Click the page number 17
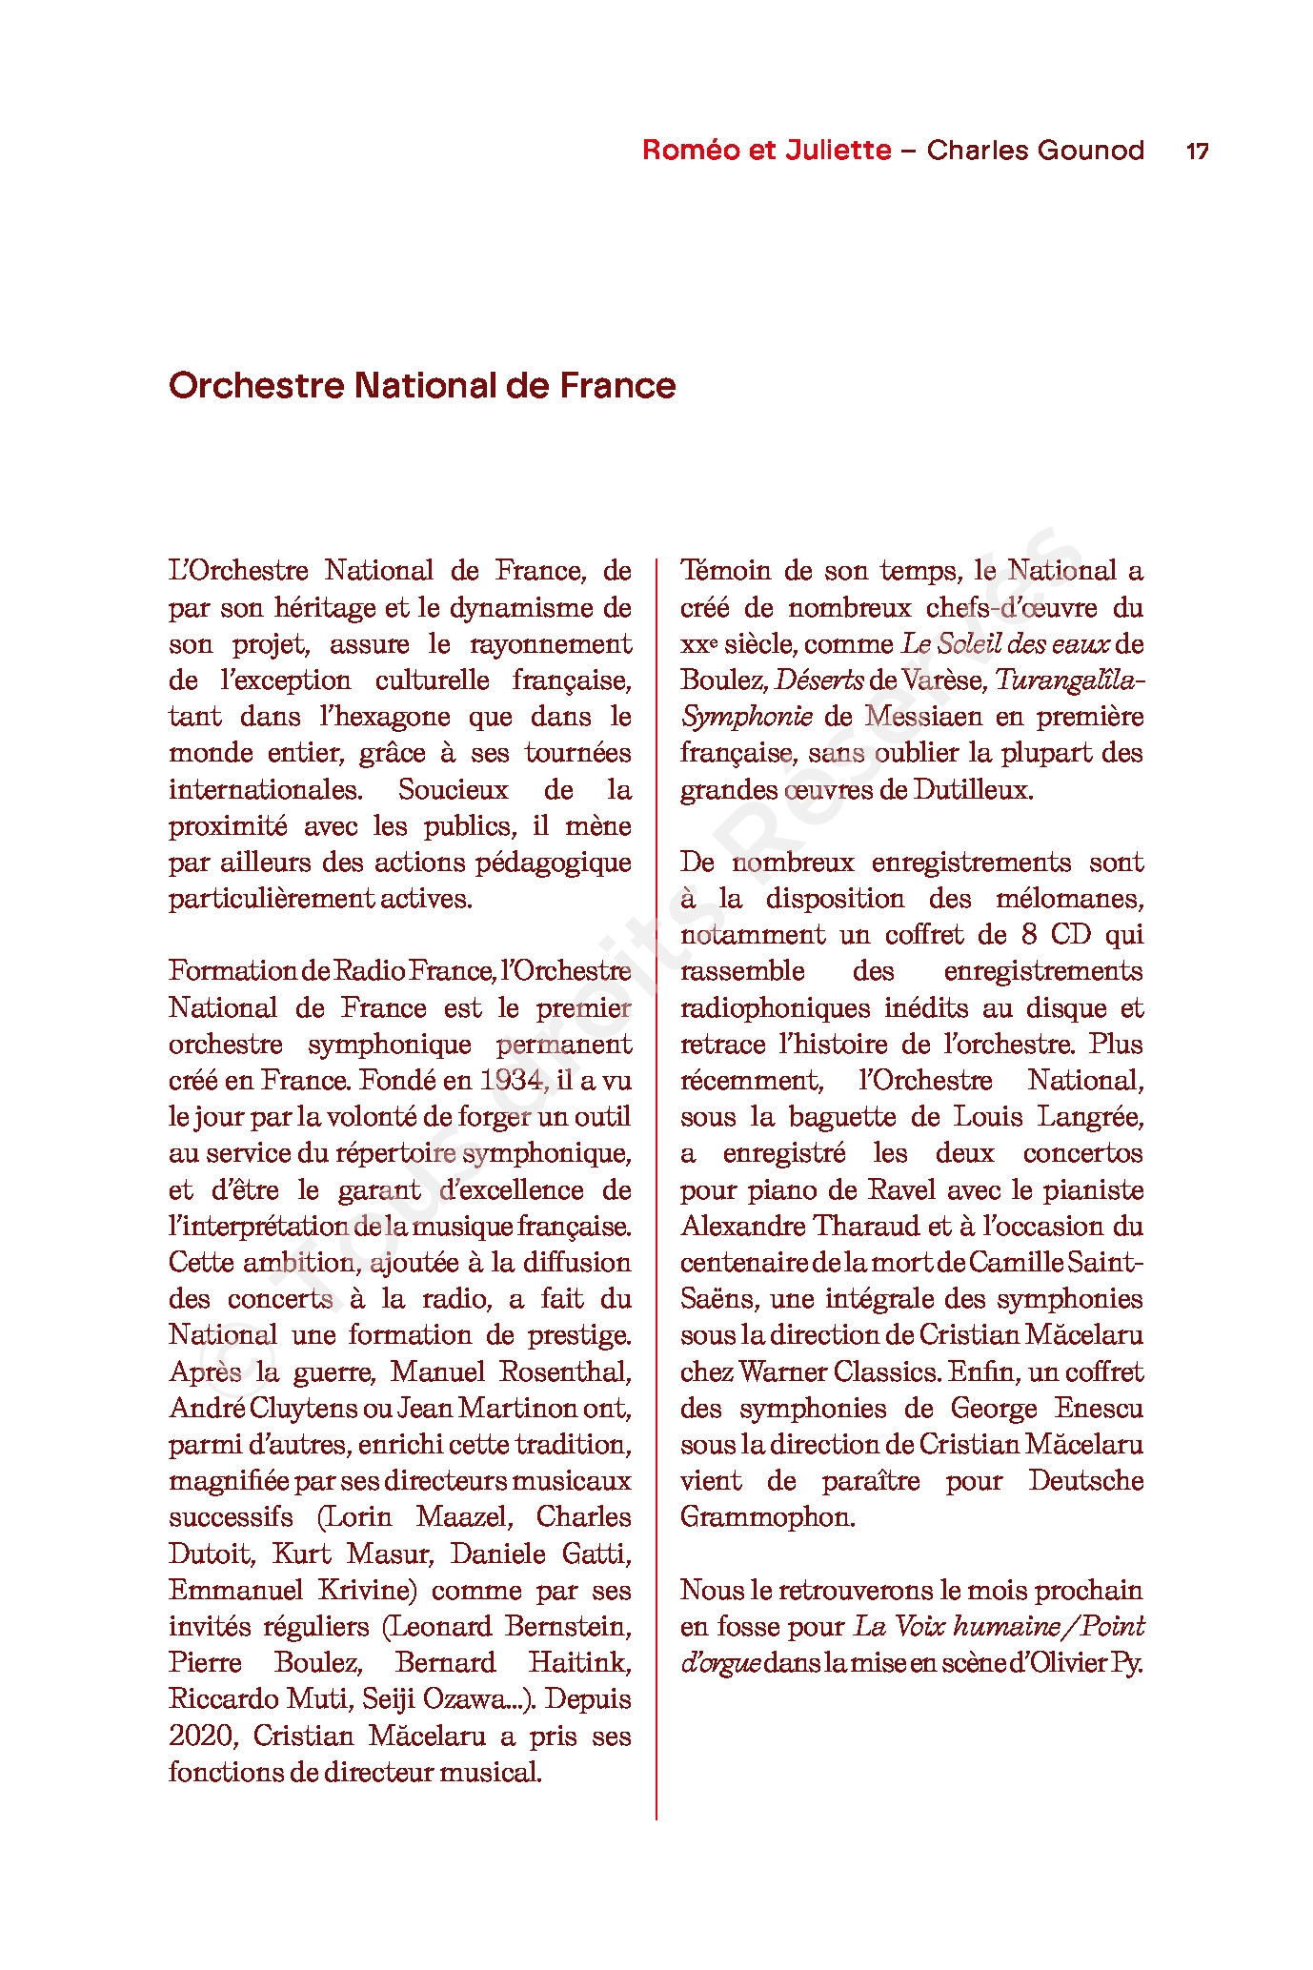click(x=1197, y=151)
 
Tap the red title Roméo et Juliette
click(x=766, y=151)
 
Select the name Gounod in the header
click(x=1088, y=151)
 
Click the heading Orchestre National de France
click(x=422, y=386)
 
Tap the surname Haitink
click(x=579, y=1662)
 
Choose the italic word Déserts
click(x=819, y=680)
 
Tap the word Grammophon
click(x=767, y=1517)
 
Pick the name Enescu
click(x=1099, y=1408)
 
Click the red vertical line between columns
click(x=656, y=1191)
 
